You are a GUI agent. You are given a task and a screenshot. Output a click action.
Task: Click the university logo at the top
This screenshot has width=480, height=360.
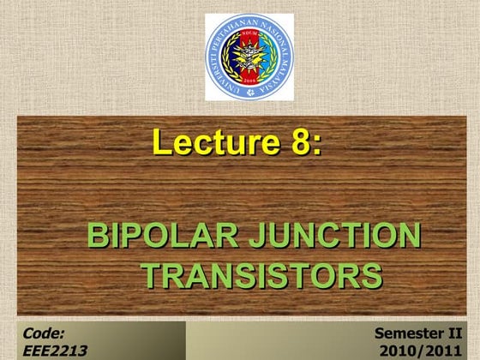point(249,57)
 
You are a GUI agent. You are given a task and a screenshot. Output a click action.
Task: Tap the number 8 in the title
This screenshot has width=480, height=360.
point(301,141)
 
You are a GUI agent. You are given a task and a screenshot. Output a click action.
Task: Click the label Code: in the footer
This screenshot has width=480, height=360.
point(45,333)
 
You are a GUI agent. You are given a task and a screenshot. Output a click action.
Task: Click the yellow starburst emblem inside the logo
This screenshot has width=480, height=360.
point(249,55)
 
